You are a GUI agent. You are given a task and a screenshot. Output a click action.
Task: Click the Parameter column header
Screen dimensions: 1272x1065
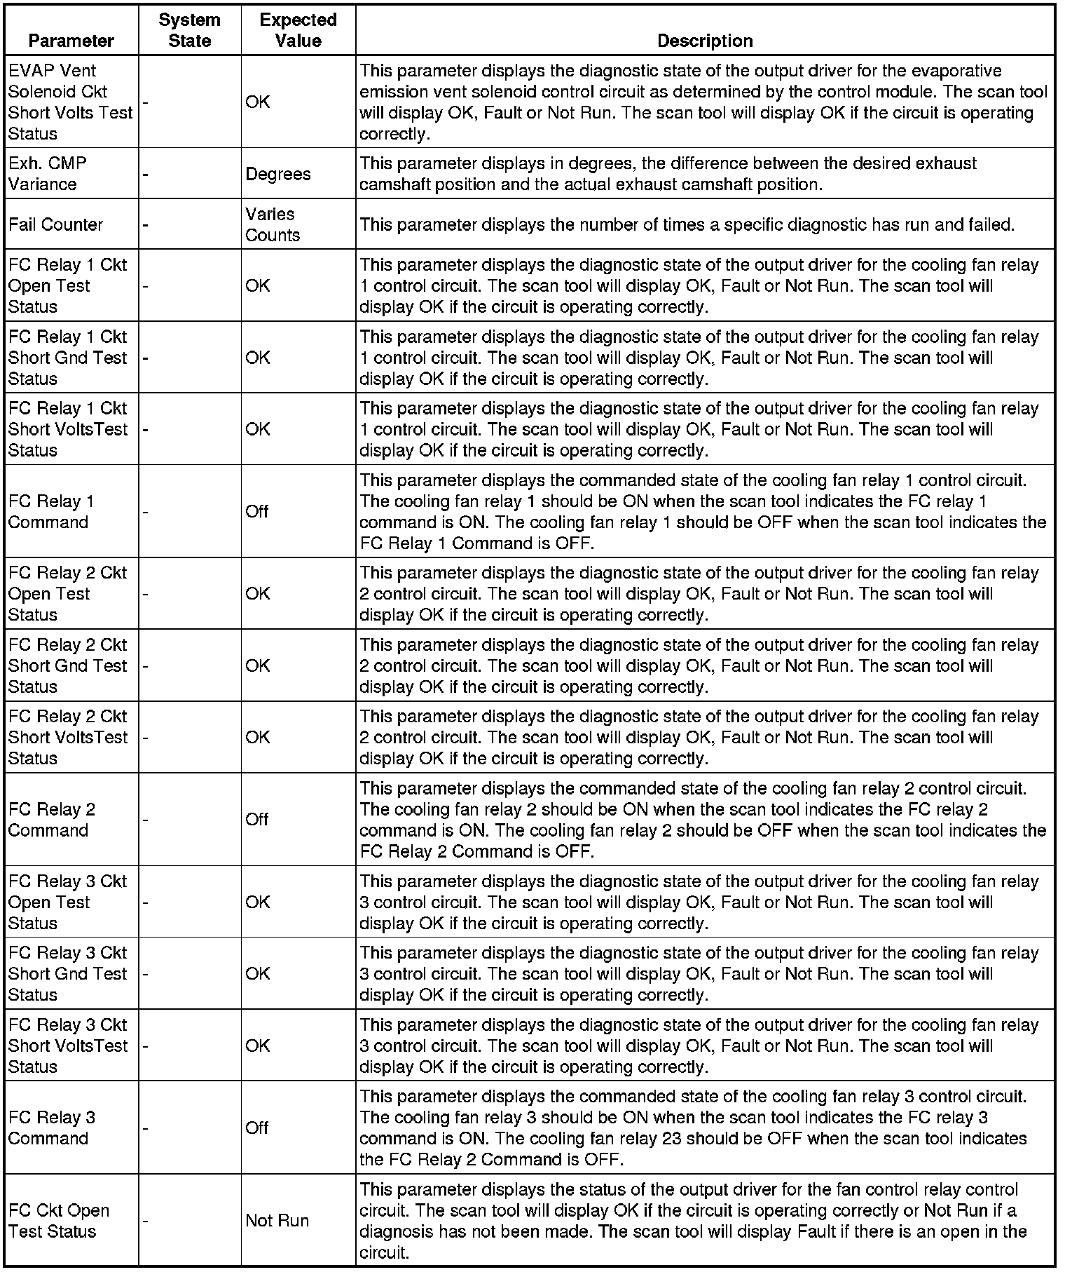tap(71, 41)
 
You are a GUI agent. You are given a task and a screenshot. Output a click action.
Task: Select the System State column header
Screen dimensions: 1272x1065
tap(189, 30)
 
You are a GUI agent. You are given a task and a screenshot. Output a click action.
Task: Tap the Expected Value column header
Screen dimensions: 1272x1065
tap(298, 30)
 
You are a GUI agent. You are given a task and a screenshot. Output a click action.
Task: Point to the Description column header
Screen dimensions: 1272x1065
tap(704, 41)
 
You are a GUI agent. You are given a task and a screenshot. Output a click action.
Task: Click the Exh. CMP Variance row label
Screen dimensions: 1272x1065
tap(48, 173)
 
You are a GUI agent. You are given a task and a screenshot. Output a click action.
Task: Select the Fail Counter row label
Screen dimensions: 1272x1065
tap(55, 224)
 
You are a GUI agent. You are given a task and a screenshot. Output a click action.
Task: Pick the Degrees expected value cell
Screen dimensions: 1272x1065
tap(278, 174)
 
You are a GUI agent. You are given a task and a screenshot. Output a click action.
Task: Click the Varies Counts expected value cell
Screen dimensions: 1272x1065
tap(273, 224)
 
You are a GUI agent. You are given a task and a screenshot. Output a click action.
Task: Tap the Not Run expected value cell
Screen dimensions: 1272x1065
tap(277, 1221)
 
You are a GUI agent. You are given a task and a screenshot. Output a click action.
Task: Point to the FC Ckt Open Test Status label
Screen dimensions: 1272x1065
tap(59, 1221)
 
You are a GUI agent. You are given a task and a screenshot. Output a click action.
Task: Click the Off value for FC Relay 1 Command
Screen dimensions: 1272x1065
tap(257, 511)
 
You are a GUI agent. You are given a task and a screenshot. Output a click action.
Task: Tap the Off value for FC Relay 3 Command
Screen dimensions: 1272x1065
tap(257, 1128)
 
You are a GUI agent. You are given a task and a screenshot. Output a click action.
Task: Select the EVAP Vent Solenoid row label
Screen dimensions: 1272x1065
tap(70, 102)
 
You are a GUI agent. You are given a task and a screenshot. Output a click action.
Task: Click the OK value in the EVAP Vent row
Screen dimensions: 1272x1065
tap(257, 102)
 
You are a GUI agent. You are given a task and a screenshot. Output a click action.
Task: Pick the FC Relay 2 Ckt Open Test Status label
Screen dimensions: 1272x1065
tap(67, 593)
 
